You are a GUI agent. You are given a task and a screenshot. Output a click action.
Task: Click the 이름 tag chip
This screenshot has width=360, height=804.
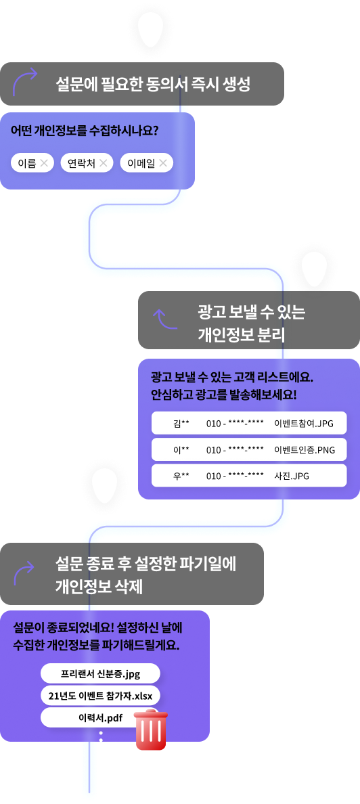pyautogui.click(x=32, y=163)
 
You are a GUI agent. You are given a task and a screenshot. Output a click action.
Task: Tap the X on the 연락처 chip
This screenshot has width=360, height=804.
pyautogui.click(x=103, y=163)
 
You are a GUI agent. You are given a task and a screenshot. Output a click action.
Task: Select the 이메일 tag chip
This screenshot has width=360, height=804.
pyautogui.click(x=147, y=163)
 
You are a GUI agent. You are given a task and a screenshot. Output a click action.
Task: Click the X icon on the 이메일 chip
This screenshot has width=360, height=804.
pyautogui.click(x=163, y=163)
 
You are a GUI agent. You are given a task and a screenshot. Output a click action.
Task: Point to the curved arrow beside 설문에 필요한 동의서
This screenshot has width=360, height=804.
pyautogui.click(x=24, y=81)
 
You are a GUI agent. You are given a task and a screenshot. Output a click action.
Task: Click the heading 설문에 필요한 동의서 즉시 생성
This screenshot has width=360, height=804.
pyautogui.click(x=153, y=84)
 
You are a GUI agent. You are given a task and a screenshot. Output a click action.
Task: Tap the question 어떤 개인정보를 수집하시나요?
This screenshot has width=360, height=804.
pyautogui.click(x=85, y=130)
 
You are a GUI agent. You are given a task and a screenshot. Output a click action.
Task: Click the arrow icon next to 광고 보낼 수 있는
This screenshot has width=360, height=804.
pyautogui.click(x=164, y=319)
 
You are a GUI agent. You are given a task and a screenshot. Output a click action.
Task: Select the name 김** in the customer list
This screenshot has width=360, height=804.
pyautogui.click(x=181, y=423)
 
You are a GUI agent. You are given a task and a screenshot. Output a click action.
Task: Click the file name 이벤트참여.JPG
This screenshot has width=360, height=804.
pyautogui.click(x=304, y=423)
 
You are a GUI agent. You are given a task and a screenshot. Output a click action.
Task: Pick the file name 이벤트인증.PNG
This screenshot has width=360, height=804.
pyautogui.click(x=305, y=449)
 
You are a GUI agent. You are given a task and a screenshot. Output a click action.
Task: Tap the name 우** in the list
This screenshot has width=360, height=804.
pyautogui.click(x=181, y=476)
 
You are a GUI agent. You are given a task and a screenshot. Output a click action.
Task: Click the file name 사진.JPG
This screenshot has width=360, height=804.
pyautogui.click(x=292, y=476)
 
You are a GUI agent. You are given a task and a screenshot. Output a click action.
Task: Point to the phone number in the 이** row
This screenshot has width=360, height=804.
pyautogui.click(x=235, y=449)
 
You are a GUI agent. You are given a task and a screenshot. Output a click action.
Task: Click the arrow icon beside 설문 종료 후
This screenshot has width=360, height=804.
pyautogui.click(x=24, y=573)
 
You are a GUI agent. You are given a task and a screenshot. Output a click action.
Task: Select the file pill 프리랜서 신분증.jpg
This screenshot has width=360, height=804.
pyautogui.click(x=101, y=673)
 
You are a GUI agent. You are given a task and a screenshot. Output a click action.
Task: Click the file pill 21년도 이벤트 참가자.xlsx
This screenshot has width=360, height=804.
pyautogui.click(x=101, y=695)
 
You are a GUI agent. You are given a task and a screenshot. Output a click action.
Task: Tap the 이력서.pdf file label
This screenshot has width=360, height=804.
pyautogui.click(x=101, y=718)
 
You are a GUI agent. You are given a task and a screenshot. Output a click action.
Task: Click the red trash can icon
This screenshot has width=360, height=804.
pyautogui.click(x=151, y=730)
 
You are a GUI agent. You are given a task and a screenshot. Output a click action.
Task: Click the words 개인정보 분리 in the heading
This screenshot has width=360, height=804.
pyautogui.click(x=242, y=335)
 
